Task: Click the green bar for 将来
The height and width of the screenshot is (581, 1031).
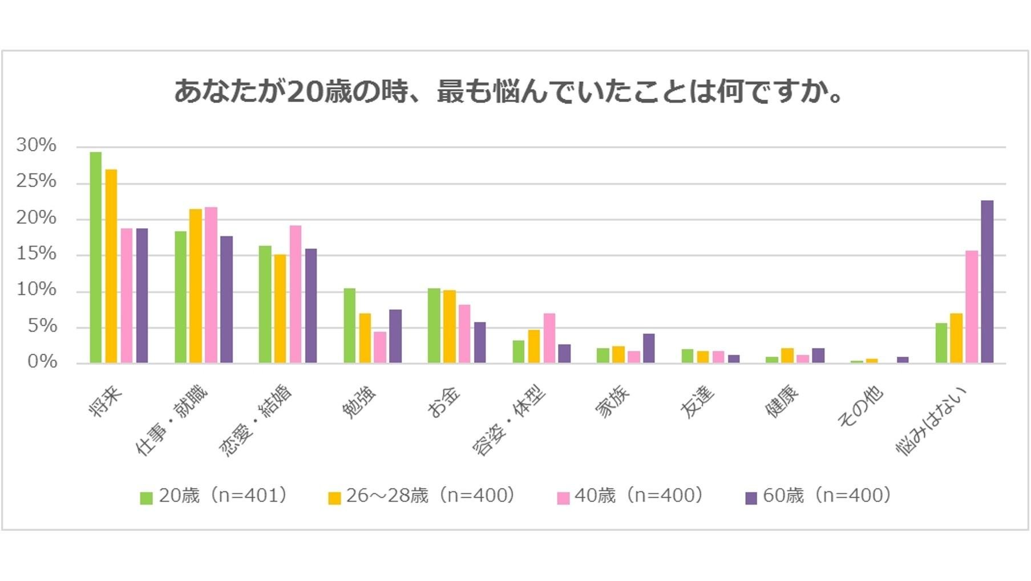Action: [96, 258]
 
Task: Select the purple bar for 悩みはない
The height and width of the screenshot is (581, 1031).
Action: [987, 282]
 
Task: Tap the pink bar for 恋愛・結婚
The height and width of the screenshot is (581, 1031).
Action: [295, 294]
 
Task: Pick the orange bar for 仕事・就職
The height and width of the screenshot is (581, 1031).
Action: [196, 287]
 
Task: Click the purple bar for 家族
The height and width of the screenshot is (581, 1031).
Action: [649, 349]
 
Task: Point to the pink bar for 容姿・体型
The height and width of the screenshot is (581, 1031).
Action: [549, 338]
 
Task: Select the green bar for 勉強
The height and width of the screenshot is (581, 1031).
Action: [349, 326]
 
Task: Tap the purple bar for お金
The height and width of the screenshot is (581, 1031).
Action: [480, 343]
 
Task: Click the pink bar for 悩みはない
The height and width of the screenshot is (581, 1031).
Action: [972, 307]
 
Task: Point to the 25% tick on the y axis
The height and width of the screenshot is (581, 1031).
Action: [37, 181]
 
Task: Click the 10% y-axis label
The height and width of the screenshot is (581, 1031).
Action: [37, 290]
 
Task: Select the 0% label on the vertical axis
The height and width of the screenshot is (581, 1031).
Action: [42, 362]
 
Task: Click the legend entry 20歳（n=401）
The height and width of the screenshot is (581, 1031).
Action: [215, 496]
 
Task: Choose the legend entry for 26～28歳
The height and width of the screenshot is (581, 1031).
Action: [422, 496]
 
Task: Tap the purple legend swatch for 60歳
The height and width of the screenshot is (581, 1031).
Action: [751, 498]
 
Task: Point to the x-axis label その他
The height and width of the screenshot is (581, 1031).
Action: [860, 407]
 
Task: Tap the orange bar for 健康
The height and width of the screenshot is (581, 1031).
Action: [787, 356]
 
